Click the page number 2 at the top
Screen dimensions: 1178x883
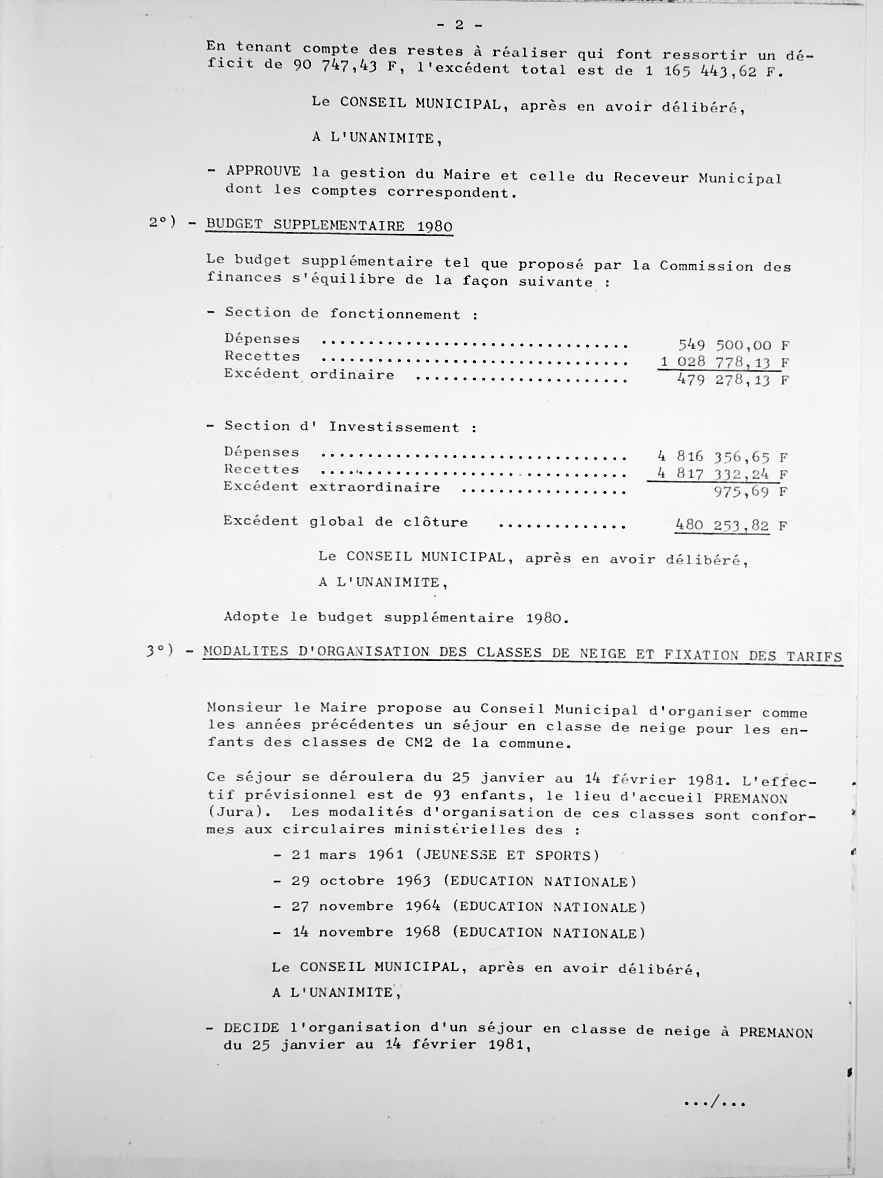coord(459,25)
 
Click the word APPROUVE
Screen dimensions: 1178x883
coord(263,171)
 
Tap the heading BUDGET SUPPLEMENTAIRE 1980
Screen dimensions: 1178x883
coord(329,225)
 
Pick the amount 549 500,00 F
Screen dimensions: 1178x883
coord(733,344)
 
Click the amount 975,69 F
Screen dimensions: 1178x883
coord(749,491)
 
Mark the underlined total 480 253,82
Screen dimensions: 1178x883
coord(722,526)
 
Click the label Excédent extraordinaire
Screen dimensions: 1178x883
coord(331,487)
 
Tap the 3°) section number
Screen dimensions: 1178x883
coord(160,651)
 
